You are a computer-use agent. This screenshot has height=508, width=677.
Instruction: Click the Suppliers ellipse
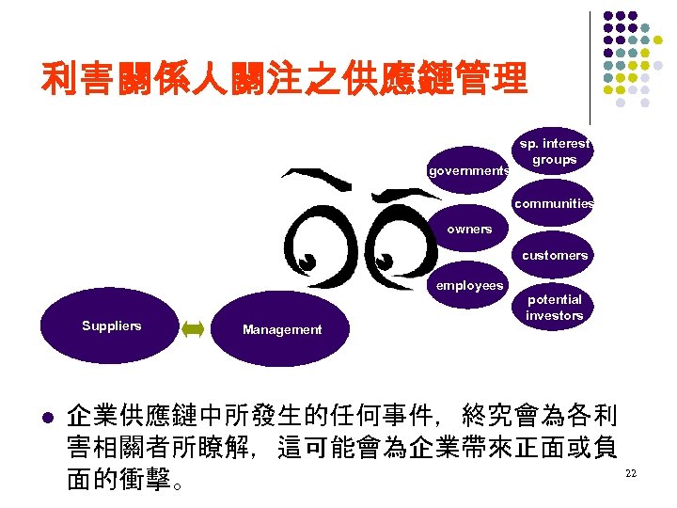coord(111,326)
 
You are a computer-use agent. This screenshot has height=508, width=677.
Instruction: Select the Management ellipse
coord(281,330)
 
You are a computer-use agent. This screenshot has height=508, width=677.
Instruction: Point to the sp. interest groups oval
coord(555,152)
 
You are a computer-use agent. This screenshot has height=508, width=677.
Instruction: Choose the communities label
coord(554,203)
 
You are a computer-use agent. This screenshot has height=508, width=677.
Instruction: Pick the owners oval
coord(469,230)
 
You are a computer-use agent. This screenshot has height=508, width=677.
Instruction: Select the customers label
coord(555,255)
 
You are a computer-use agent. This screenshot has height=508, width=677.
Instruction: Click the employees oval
coord(469,286)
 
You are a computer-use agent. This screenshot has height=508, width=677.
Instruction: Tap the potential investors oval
coord(554,308)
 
